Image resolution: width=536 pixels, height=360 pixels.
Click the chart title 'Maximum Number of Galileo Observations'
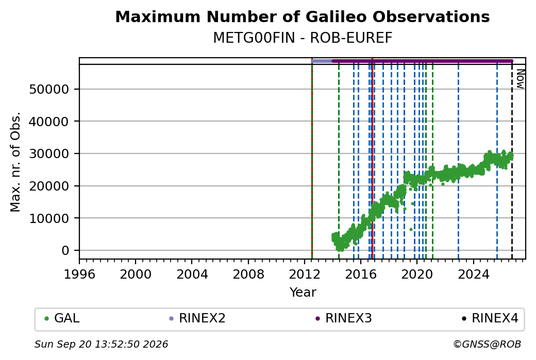[303, 16]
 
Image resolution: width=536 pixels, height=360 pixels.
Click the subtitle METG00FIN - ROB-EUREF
[303, 38]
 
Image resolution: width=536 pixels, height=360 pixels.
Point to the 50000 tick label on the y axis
[49, 90]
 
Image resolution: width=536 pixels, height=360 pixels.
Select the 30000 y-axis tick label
[49, 153]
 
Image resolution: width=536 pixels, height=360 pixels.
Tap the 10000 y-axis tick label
[49, 218]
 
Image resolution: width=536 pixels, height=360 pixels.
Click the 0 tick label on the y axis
[65, 251]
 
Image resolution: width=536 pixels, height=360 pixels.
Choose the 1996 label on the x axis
[79, 274]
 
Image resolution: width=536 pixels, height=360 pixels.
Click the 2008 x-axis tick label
[248, 274]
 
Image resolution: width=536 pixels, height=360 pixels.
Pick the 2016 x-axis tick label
[361, 274]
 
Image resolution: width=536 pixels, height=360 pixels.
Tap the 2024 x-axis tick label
[474, 274]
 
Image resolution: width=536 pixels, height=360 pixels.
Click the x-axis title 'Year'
[303, 293]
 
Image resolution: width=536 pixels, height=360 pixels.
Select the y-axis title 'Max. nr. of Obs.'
[15, 162]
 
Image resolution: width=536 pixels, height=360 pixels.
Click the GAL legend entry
[62, 318]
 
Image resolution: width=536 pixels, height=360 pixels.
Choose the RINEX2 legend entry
[197, 318]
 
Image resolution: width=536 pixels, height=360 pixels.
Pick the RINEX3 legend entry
[344, 318]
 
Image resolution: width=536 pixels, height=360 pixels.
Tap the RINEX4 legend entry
[490, 318]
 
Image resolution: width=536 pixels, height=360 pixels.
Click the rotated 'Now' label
[520, 79]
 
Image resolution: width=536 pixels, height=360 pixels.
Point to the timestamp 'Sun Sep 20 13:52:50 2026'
[101, 344]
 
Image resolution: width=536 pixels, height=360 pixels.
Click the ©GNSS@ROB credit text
[487, 344]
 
